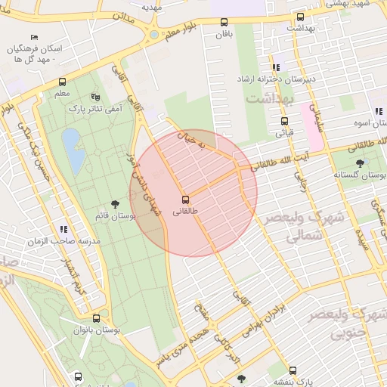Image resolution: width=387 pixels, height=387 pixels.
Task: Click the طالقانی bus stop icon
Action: click(x=186, y=200)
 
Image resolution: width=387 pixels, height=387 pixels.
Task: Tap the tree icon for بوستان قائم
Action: click(x=115, y=204)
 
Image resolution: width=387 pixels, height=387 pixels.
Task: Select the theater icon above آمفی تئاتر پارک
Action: click(x=95, y=97)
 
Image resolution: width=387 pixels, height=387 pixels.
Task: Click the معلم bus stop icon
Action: click(x=62, y=82)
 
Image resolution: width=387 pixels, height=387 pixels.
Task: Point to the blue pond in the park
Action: click(x=73, y=149)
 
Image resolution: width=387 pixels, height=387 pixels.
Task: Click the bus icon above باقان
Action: click(x=224, y=22)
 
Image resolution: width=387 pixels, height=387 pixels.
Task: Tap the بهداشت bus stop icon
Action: click(x=300, y=17)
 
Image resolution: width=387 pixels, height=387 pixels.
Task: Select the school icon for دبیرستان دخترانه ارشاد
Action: click(x=276, y=67)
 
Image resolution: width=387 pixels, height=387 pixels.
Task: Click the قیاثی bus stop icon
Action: click(x=284, y=121)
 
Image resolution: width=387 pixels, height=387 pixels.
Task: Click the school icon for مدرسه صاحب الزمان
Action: click(x=63, y=228)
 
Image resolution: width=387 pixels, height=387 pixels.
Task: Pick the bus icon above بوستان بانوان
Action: click(x=95, y=318)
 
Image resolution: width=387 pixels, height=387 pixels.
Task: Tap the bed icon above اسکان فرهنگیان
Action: click(x=33, y=37)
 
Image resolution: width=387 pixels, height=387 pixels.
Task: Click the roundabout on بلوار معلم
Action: click(x=153, y=34)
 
